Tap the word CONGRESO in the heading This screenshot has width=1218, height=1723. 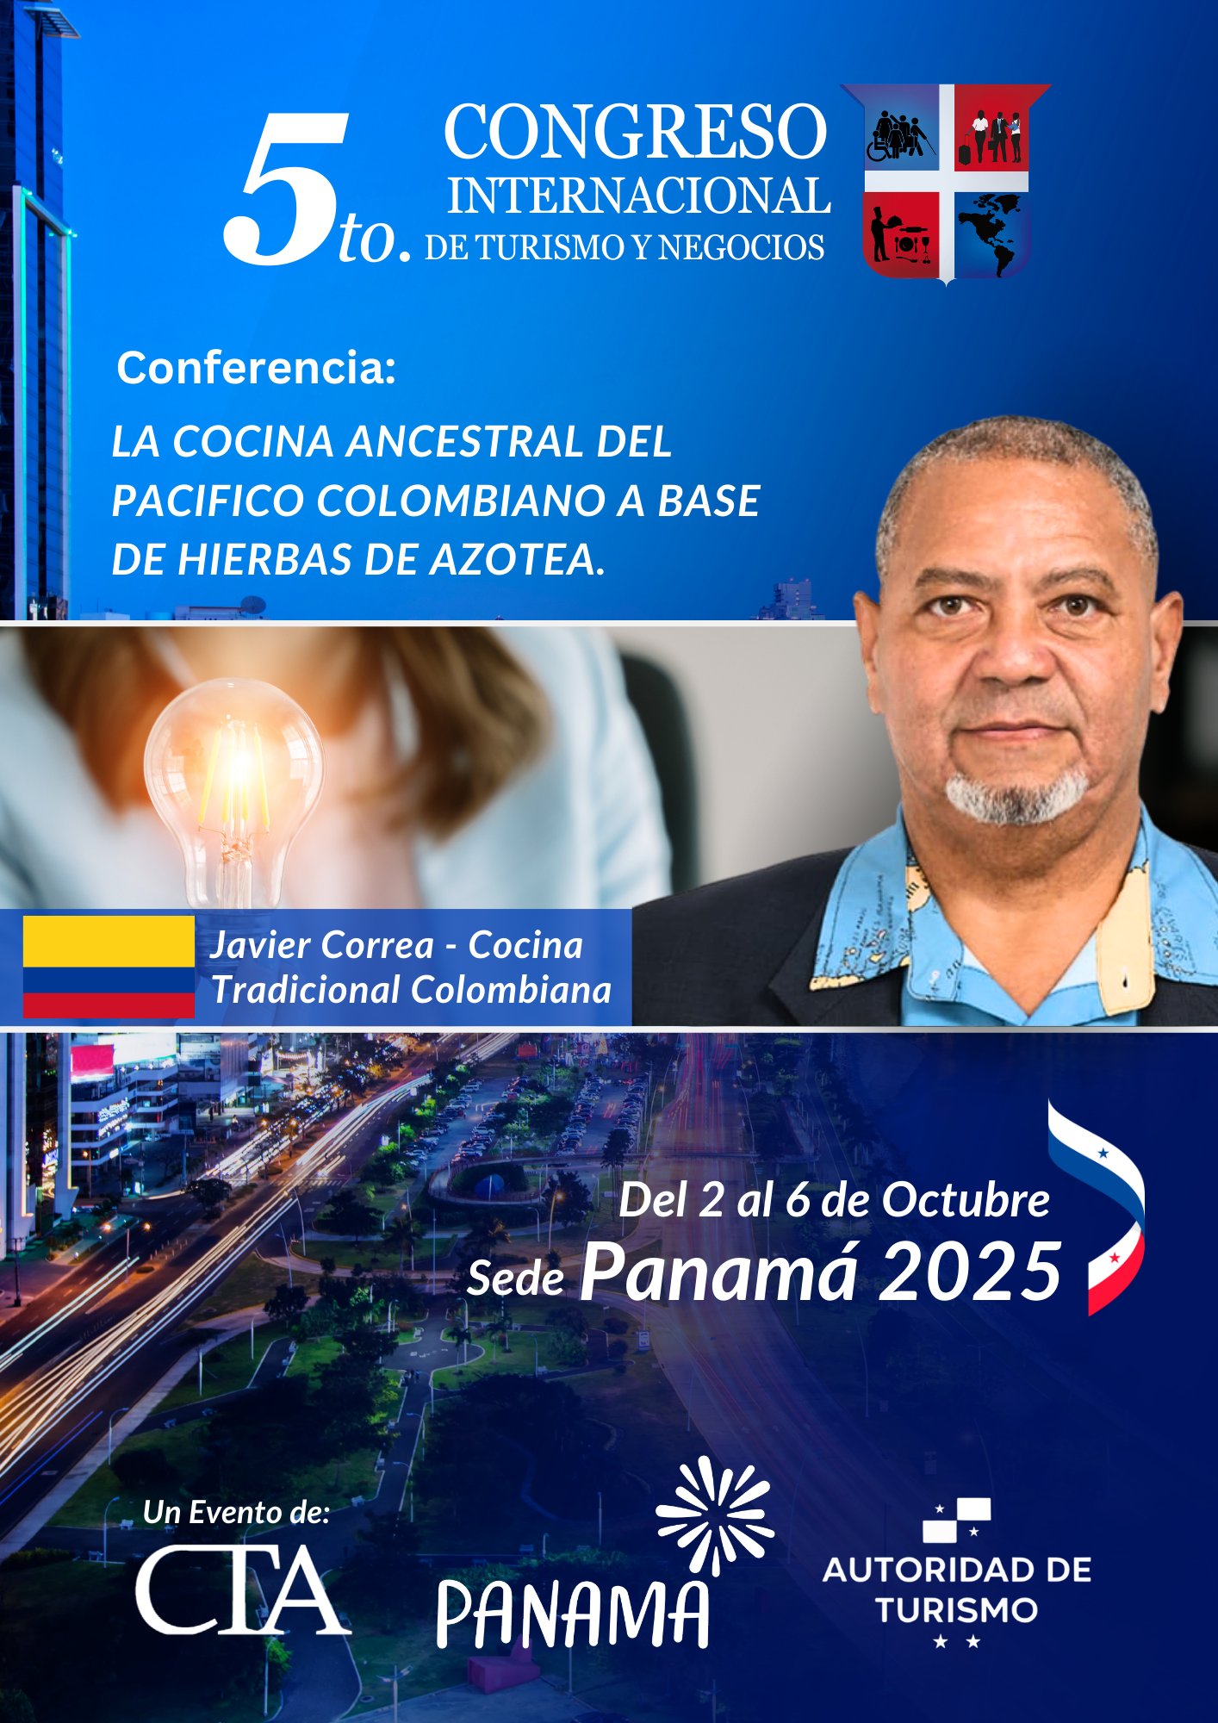click(636, 131)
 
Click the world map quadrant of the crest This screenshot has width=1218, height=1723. click(991, 233)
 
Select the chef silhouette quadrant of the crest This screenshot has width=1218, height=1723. click(901, 233)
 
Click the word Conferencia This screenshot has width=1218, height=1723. click(257, 368)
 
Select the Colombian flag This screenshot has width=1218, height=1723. click(109, 967)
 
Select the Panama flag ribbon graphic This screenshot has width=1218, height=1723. click(1097, 1206)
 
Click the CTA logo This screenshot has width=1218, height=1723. click(243, 1590)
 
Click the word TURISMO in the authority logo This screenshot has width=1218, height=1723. click(957, 1610)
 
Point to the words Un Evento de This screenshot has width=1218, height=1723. click(237, 1513)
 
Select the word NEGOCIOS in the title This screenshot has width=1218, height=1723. click(742, 248)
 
